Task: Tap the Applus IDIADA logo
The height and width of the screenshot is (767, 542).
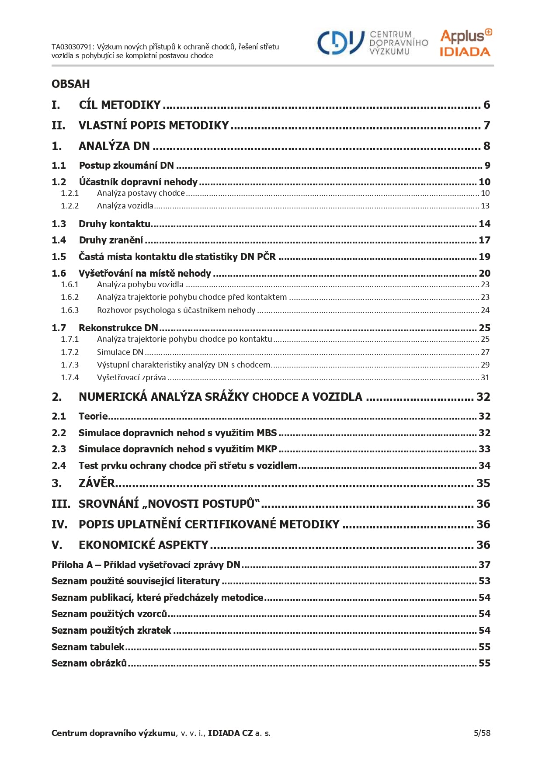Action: tap(466, 43)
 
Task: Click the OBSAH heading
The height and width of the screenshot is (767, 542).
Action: tap(71, 84)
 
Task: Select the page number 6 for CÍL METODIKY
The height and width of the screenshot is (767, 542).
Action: tap(486, 105)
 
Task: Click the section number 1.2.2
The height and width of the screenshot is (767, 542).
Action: tap(69, 206)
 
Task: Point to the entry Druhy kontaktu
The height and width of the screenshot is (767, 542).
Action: tap(115, 224)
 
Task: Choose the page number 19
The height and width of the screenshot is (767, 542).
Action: tap(484, 257)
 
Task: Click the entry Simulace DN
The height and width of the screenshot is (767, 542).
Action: tap(120, 352)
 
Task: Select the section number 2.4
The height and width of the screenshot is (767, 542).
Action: tap(59, 466)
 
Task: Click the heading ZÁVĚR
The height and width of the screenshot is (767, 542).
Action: tap(97, 483)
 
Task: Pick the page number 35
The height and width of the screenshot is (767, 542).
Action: tap(483, 483)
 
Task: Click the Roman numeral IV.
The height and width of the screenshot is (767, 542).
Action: tap(59, 524)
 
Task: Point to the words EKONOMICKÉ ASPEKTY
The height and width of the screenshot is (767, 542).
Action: tap(143, 545)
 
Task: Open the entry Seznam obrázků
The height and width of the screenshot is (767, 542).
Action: tap(89, 663)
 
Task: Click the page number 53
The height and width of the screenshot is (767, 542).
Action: tap(484, 581)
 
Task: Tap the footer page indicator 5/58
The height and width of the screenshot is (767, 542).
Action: tap(482, 733)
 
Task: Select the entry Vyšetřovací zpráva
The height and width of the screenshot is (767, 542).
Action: tap(131, 378)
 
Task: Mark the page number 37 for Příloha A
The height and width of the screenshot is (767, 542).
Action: tap(484, 565)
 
